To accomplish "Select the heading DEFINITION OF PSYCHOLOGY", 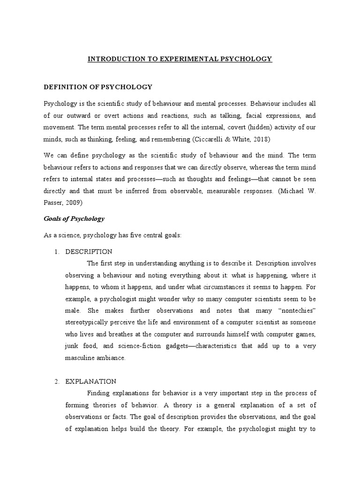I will [x=98, y=87].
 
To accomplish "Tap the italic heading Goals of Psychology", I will [x=74, y=218].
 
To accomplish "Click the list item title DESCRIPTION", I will [x=89, y=252].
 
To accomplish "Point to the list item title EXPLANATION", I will [x=91, y=382].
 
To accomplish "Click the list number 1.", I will [x=56, y=252].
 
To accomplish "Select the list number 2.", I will [x=56, y=382].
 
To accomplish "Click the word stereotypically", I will [x=89, y=322].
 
